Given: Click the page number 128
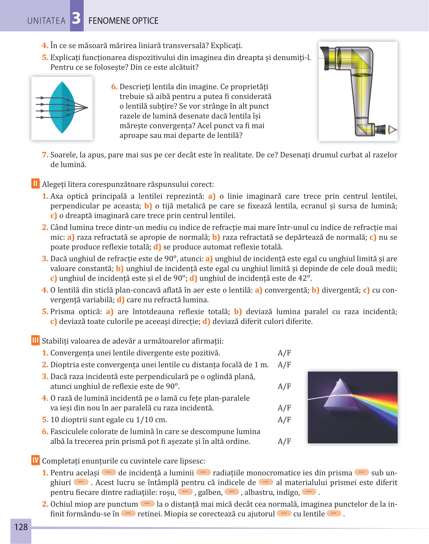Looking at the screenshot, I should pyautogui.click(x=21, y=527).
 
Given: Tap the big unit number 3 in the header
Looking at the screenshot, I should pyautogui.click(x=77, y=19).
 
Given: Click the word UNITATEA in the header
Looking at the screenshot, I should pyautogui.click(x=46, y=21).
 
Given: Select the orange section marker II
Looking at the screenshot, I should pyautogui.click(x=35, y=184).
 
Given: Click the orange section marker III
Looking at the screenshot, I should pyautogui.click(x=35, y=340).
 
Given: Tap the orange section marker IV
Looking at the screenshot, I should pyautogui.click(x=35, y=460).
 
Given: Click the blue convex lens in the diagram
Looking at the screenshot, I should pyautogui.click(x=62, y=107).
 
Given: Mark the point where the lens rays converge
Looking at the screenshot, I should pyautogui.click(x=87, y=108).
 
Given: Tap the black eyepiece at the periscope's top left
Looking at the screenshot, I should pyautogui.click(x=325, y=58).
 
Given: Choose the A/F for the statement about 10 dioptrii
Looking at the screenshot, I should pyautogui.click(x=284, y=420).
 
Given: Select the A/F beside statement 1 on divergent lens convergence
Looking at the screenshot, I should pyautogui.click(x=284, y=353).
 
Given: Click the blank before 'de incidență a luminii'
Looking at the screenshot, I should pyautogui.click(x=109, y=472).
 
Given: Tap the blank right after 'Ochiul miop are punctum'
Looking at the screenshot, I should pyautogui.click(x=147, y=504).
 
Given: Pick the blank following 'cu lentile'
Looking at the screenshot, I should pyautogui.click(x=334, y=513).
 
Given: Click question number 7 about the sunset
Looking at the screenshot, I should pyautogui.click(x=45, y=155).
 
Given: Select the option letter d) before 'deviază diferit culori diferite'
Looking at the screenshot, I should pyautogui.click(x=206, y=321).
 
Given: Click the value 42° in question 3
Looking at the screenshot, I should pyautogui.click(x=304, y=278).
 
